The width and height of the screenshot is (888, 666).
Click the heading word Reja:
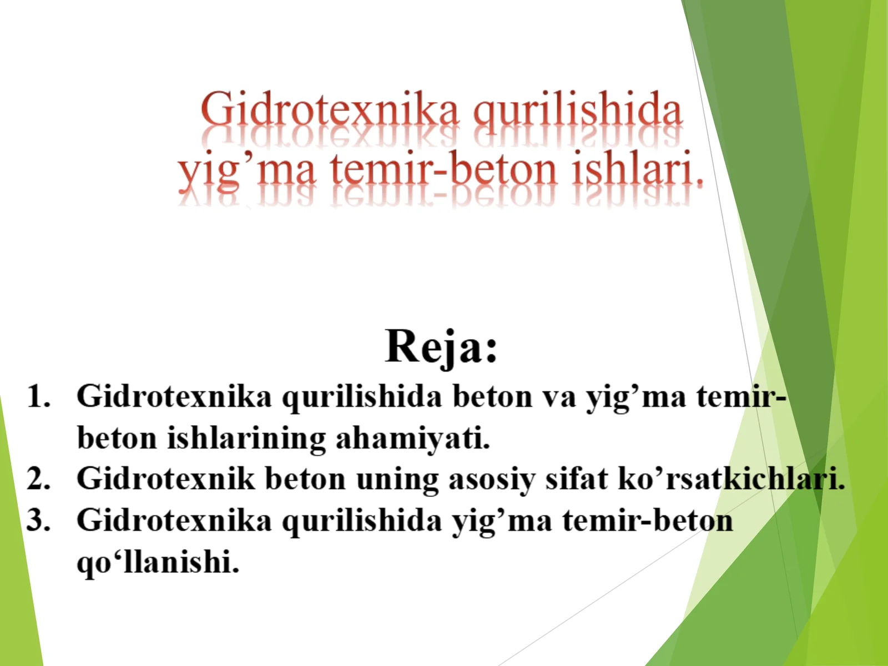pyautogui.click(x=441, y=346)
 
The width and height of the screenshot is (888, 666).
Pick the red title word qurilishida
pyautogui.click(x=577, y=110)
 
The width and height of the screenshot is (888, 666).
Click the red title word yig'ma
pyautogui.click(x=247, y=171)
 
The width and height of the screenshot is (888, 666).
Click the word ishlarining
pyautogui.click(x=246, y=439)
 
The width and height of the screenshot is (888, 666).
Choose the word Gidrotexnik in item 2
pyautogui.click(x=165, y=478)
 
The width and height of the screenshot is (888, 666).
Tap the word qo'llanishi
pyautogui.click(x=158, y=562)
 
